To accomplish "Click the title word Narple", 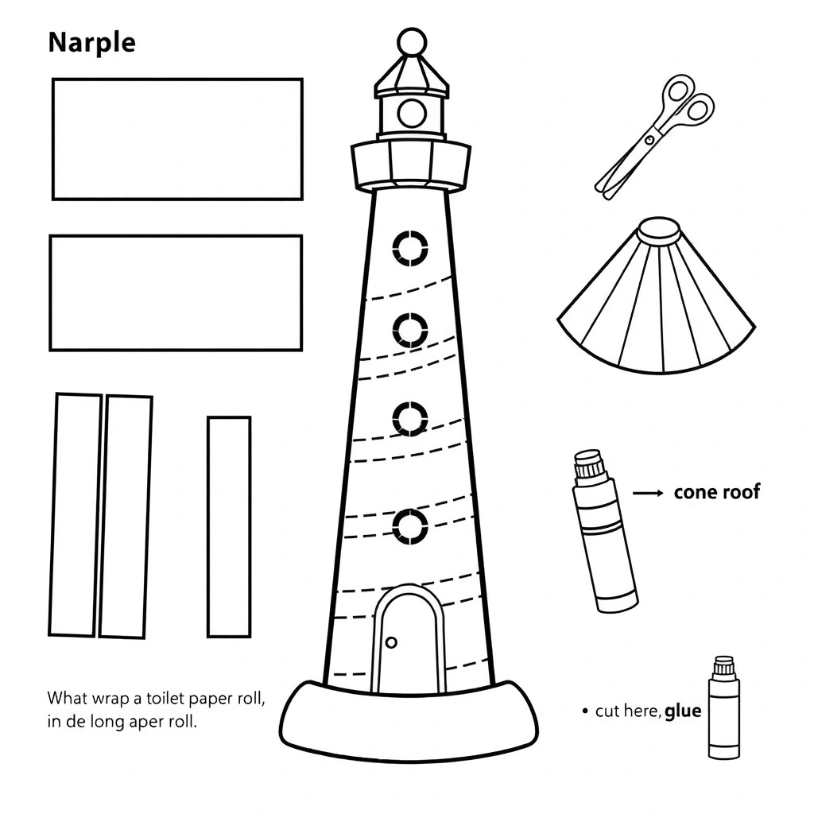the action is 92,43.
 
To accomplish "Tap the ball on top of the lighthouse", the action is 412,41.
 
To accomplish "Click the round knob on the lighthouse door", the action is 391,642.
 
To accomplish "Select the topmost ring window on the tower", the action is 410,248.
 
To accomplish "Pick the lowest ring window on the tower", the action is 410,526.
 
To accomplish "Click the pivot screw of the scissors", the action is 649,140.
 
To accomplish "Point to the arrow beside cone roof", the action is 648,493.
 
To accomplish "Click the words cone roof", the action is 717,492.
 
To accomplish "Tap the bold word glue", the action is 683,711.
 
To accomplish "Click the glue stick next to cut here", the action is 723,707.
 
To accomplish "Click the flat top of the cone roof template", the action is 659,228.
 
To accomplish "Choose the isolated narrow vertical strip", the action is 229,526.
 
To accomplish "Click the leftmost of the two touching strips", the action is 76,514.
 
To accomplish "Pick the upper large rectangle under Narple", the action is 177,139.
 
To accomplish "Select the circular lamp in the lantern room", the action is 413,113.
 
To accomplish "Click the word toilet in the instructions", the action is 165,698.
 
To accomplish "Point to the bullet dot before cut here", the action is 586,711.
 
